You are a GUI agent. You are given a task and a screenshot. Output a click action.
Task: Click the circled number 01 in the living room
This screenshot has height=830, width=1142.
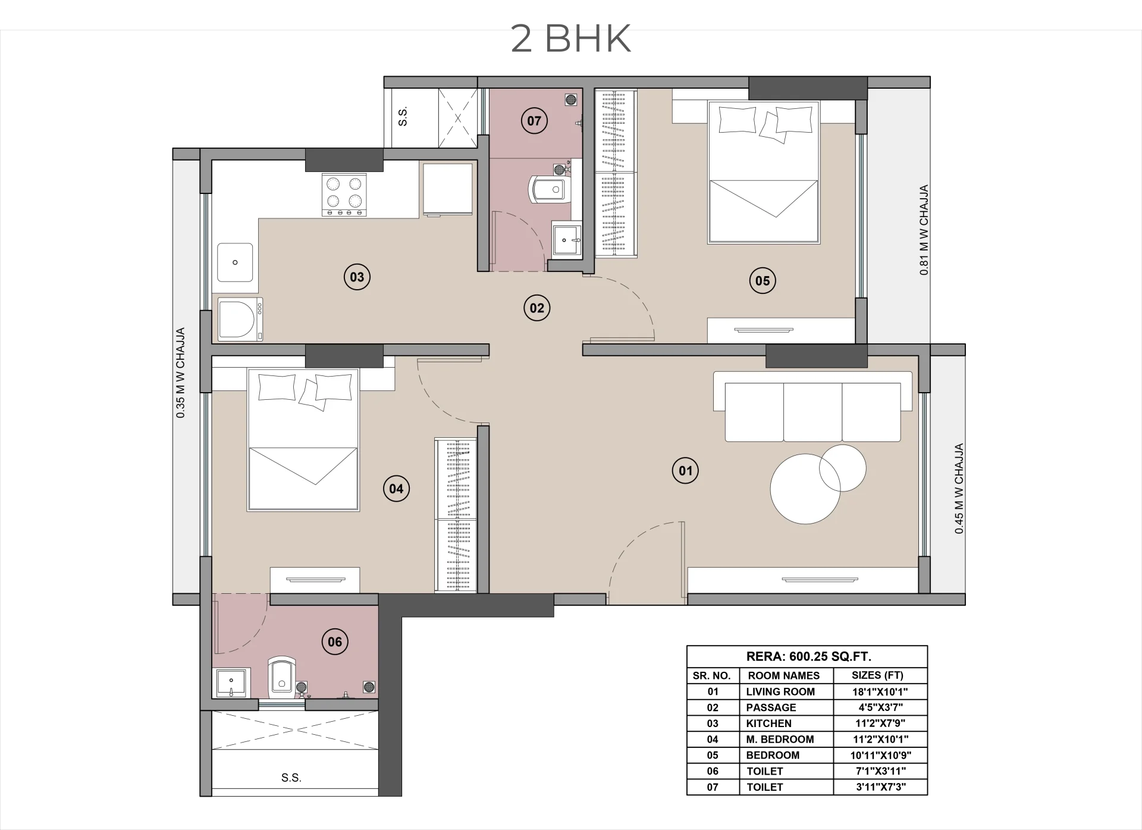point(685,471)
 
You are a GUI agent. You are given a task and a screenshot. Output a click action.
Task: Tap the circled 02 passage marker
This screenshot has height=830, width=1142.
point(537,308)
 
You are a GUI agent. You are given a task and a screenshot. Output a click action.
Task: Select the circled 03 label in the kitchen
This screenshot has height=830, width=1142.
point(357,277)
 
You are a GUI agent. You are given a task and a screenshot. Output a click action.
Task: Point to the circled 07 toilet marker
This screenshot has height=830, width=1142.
point(534,121)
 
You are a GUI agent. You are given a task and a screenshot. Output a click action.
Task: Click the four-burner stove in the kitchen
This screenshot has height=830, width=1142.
point(344,195)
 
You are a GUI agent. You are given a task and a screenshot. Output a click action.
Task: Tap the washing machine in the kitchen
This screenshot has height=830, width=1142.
point(240,319)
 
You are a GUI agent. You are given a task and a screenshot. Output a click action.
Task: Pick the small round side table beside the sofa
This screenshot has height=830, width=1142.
point(842,468)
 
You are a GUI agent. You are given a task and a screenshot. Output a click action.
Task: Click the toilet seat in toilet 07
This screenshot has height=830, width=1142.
point(546,189)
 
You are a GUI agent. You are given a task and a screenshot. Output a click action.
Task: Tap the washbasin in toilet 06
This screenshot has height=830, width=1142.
point(231,683)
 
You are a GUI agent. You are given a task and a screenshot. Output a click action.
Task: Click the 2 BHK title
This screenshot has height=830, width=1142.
point(570,39)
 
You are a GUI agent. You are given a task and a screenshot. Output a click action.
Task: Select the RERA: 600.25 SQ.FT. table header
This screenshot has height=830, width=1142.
point(808,657)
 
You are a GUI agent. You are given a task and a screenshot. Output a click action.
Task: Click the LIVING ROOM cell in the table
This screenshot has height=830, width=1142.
point(780,691)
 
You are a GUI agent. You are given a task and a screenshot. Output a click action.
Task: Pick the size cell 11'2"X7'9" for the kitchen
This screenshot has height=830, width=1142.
point(879,723)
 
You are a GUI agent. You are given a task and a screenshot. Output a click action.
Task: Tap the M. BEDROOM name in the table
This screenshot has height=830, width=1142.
point(780,740)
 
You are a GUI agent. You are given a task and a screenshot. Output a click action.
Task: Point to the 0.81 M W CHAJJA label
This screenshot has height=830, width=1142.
point(924,230)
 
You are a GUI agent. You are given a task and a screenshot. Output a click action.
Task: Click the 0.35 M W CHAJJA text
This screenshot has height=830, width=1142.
point(180,372)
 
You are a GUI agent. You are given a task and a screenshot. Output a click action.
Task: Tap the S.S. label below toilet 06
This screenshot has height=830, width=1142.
point(291,778)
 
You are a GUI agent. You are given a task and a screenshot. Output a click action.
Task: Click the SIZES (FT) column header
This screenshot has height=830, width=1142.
point(877,675)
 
